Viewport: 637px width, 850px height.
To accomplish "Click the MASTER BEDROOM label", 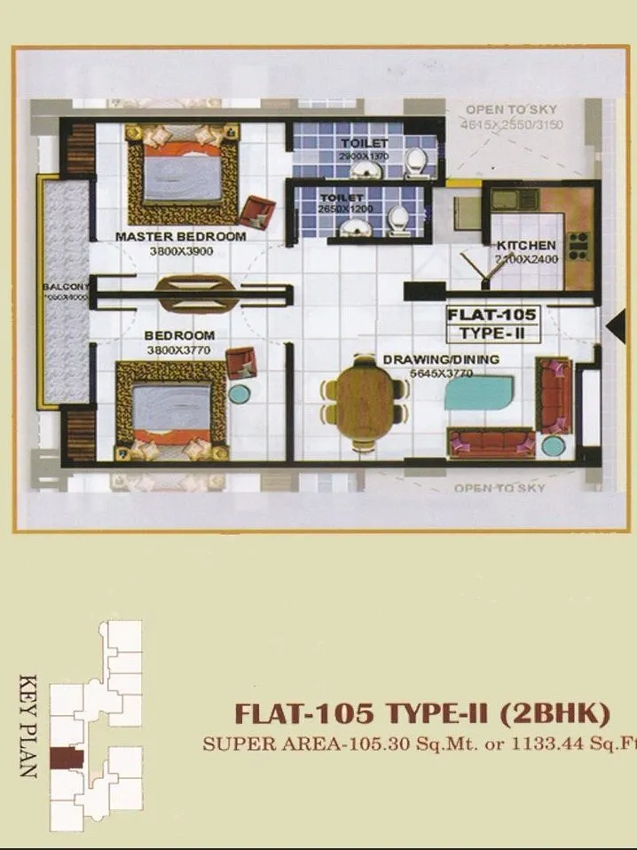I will (180, 237).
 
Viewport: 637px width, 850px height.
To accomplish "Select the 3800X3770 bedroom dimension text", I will (179, 350).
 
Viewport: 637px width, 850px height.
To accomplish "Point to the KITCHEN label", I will (526, 245).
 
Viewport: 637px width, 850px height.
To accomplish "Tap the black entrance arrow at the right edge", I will (612, 326).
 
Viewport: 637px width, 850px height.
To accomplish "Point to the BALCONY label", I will (64, 287).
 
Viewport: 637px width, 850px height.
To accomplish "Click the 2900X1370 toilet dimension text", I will (364, 156).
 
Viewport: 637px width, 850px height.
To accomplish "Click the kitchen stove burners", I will (578, 246).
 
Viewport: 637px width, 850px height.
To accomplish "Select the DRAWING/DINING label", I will (441, 359).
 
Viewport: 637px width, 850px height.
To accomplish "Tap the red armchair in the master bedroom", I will (257, 209).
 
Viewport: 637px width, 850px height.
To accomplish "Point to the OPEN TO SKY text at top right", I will (510, 110).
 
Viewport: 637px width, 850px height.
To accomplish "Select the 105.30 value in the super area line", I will (362, 744).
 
